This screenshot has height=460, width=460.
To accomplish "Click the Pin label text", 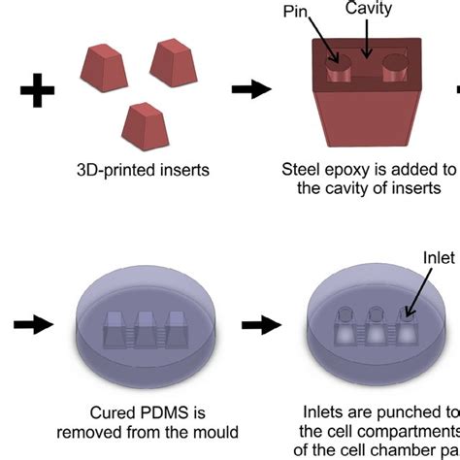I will point(299,13).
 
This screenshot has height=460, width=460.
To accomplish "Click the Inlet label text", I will point(439,257).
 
